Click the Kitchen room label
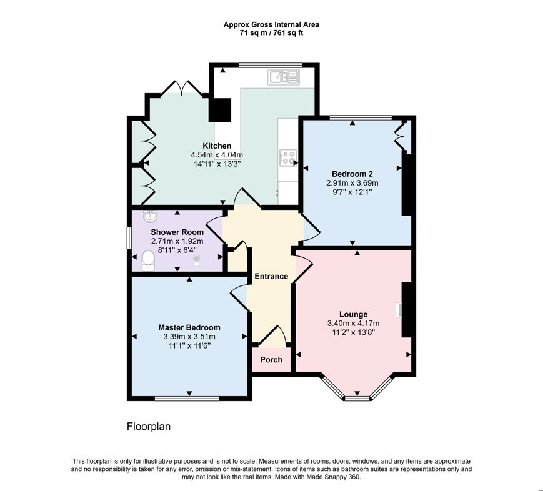click(217, 146)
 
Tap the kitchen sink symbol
click(284, 77)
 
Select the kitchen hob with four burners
click(288, 157)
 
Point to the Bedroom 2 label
click(352, 174)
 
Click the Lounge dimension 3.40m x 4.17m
click(353, 324)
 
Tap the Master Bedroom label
click(189, 327)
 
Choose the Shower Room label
click(177, 232)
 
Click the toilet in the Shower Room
click(148, 261)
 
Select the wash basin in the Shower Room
click(151, 216)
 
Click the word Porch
click(271, 360)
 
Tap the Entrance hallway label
click(271, 276)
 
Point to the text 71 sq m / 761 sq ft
click(271, 33)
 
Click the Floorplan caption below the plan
click(149, 426)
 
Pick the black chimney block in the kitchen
click(220, 110)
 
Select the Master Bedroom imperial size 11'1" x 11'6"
click(189, 345)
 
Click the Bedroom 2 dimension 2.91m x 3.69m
click(352, 183)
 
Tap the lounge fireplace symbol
click(399, 310)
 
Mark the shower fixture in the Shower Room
click(197, 262)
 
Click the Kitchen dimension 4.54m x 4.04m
click(217, 155)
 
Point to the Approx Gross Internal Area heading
click(271, 24)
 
